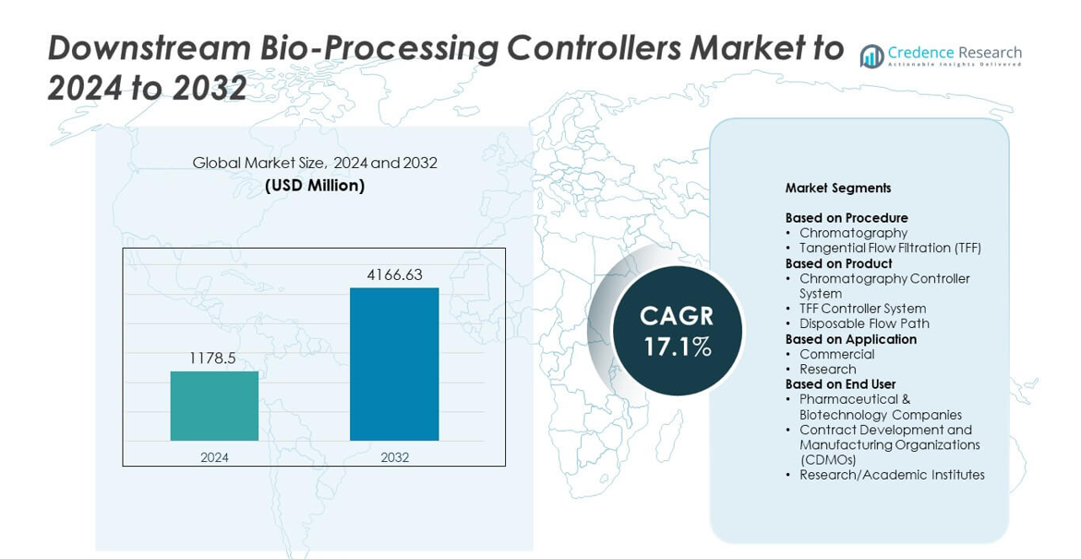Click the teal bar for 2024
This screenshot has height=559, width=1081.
214,406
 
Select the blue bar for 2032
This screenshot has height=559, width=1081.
393,364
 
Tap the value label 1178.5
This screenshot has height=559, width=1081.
214,358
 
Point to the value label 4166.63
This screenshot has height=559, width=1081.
393,274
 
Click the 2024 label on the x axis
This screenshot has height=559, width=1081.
214,456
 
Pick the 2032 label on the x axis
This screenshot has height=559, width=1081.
394,456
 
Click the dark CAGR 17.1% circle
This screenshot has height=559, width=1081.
677,331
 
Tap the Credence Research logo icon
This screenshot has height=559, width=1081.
872,56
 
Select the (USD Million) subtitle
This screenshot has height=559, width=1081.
315,186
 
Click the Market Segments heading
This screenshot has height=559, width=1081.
837,188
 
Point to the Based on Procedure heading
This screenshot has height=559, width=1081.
847,218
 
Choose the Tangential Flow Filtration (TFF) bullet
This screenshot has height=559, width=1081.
890,248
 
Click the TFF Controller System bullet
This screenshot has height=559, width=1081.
862,309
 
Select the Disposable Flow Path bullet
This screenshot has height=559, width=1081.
865,323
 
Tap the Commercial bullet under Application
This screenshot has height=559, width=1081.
837,354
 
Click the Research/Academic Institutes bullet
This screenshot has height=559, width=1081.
892,475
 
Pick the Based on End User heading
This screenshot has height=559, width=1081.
840,383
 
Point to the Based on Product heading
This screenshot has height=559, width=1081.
838,263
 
